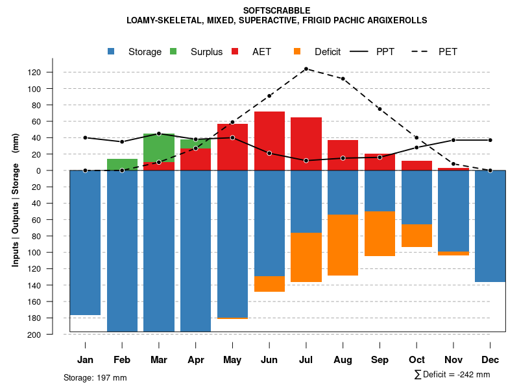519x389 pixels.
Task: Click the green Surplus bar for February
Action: coord(122,165)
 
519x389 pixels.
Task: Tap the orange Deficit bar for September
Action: coord(380,233)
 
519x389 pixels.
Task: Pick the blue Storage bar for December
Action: coord(490,226)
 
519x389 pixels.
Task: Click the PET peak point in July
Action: coord(306,69)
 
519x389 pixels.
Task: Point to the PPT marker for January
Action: coord(85,137)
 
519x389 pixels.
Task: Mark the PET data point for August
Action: coord(343,78)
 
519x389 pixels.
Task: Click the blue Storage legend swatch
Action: coord(112,51)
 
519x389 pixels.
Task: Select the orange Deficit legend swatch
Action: coord(297,51)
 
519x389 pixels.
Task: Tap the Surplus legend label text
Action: coord(206,52)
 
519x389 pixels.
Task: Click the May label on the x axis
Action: coord(232,360)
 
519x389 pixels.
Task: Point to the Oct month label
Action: coord(416,360)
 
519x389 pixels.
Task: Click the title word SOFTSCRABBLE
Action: coord(276,10)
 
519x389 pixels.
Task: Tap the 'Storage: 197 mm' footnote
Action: coord(95,377)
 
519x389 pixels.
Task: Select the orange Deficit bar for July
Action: coord(306,257)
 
